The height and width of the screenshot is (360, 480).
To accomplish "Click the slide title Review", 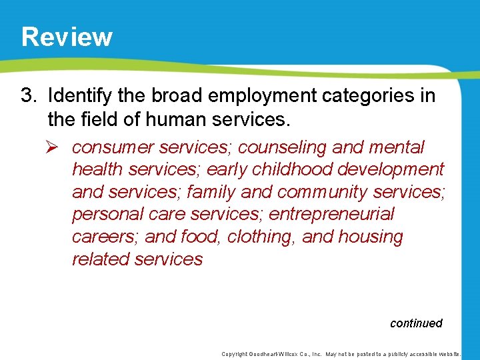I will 67,37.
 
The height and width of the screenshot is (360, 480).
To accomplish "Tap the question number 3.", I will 27,96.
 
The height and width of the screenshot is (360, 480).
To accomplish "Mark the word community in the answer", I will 322,192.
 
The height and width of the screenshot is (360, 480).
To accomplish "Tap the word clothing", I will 259,237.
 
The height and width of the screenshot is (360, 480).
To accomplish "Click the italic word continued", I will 416,323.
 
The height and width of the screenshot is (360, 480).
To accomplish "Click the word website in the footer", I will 454,354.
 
